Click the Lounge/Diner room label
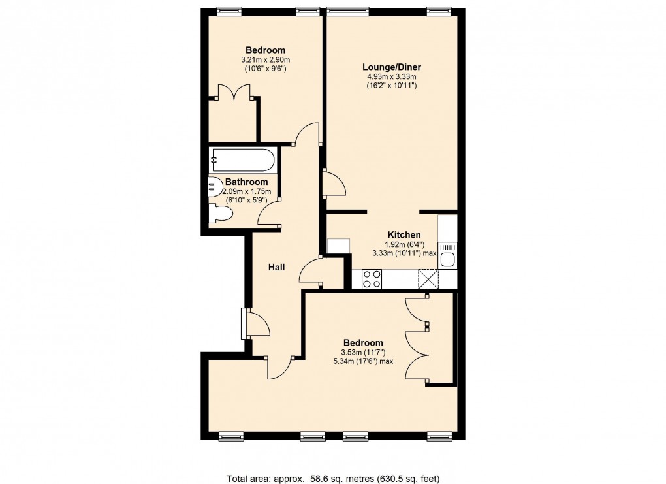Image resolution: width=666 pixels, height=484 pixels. pos(391,67)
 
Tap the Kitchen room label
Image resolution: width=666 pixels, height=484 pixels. pos(404,235)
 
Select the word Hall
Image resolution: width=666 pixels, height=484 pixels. pos(277,267)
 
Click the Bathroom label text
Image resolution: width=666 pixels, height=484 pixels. pos(246,182)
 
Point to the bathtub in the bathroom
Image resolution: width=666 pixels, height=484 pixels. pos(242,160)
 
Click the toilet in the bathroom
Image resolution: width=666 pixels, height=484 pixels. pos(220,214)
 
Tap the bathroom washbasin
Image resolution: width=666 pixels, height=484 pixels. pos(215,187)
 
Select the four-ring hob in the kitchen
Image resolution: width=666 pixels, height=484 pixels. pos(372,279)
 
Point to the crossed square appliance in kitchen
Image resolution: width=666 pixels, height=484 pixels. pos(428,279)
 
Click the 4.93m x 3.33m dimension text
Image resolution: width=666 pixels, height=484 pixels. pos(391,76)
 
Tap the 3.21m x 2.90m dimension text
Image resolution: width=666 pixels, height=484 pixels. pos(265,60)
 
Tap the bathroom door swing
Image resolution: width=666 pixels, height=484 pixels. pos(269,213)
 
